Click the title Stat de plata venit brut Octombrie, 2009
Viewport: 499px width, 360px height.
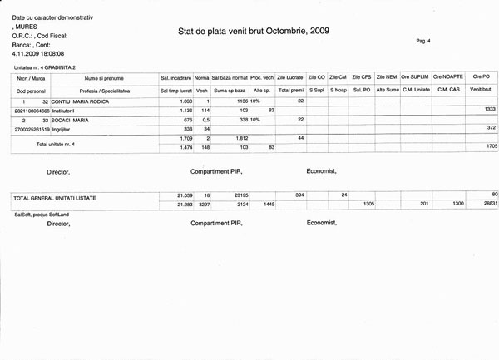click(x=254, y=31)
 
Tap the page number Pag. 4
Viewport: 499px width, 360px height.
click(x=422, y=40)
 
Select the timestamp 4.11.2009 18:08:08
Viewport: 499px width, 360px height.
click(x=37, y=52)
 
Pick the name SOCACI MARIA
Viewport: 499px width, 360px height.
click(x=73, y=120)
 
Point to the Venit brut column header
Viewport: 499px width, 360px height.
click(x=481, y=88)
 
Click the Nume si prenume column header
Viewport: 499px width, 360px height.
click(x=102, y=77)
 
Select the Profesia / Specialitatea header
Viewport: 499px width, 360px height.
click(x=102, y=88)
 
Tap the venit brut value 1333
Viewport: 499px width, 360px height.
click(x=490, y=109)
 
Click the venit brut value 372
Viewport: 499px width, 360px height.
click(x=491, y=128)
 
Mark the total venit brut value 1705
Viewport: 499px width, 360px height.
click(x=490, y=146)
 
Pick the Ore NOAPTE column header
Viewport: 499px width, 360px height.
click(x=448, y=77)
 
